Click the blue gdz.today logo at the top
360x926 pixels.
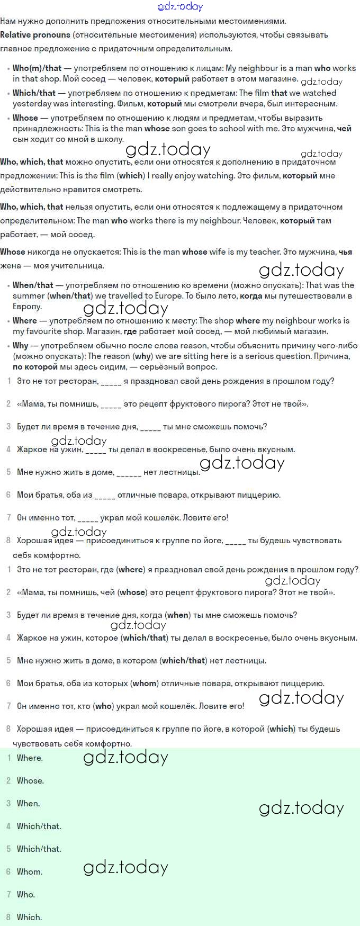pos(180,6)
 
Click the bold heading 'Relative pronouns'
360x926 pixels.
pos(35,35)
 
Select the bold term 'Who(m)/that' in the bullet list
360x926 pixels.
pos(37,68)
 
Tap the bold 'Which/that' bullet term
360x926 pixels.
pos(34,93)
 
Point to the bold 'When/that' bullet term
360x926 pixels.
pos(33,285)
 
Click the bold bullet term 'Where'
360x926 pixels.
pos(24,321)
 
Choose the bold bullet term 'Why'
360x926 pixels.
pos(20,346)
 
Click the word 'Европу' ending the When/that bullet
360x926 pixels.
pos(27,307)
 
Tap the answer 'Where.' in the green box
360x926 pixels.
pos(30,758)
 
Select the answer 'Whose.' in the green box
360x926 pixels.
pos(30,781)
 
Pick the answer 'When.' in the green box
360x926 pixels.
pos(28,804)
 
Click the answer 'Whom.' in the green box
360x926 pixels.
pos(30,872)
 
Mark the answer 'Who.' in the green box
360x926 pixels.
pos(26,895)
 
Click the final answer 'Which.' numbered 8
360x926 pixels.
pos(29,918)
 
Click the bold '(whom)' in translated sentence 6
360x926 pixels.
pos(145,684)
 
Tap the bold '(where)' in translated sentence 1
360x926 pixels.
pos(131,570)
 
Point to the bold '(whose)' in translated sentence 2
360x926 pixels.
pos(132,592)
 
